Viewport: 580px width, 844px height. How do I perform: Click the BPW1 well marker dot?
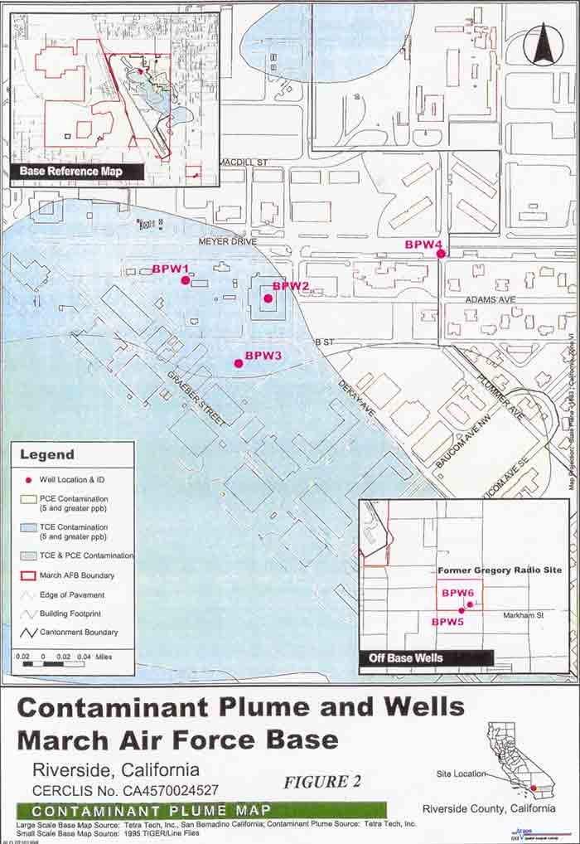coord(186,280)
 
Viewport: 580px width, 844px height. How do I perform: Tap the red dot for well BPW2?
coord(268,298)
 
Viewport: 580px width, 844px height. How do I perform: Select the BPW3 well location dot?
coord(239,363)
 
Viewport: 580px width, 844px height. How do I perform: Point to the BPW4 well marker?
coord(442,254)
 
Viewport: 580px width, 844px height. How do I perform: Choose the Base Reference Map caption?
coord(77,172)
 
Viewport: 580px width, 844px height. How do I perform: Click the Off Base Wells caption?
coord(406,658)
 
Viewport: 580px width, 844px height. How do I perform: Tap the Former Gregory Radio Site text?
coord(499,571)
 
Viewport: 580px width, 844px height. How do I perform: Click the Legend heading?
coord(46,454)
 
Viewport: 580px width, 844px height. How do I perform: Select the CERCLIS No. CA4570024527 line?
coord(126,790)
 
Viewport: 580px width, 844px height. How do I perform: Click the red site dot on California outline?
coord(534,788)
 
